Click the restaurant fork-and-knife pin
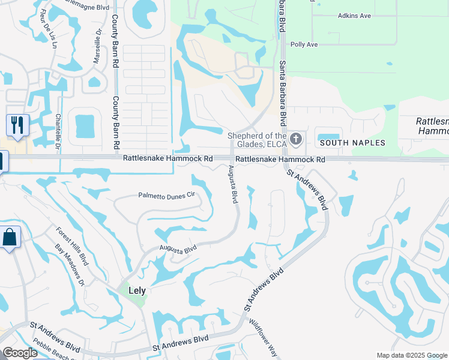pyautogui.click(x=17, y=125)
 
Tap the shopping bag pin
pyautogui.click(x=10, y=238)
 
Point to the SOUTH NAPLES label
pyautogui.click(x=352, y=143)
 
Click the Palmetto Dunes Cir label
pyautogui.click(x=167, y=195)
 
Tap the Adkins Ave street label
pyautogui.click(x=354, y=16)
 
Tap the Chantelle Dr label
pyautogui.click(x=58, y=132)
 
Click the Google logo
pyautogui.click(x=20, y=353)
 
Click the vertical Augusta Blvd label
pyautogui.click(x=232, y=184)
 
